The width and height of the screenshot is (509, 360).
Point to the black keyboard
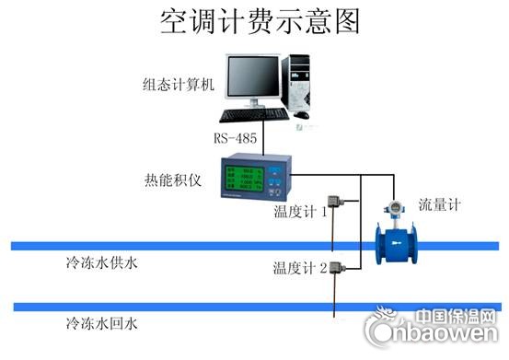(x=254, y=115)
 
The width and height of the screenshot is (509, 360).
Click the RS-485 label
(x=236, y=138)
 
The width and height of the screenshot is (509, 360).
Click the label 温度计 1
(x=300, y=212)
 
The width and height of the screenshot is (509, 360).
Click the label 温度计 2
(x=300, y=268)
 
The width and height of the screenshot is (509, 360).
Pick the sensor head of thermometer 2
(x=338, y=269)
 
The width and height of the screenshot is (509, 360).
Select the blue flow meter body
(x=397, y=244)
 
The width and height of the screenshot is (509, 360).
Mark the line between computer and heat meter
(x=264, y=140)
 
